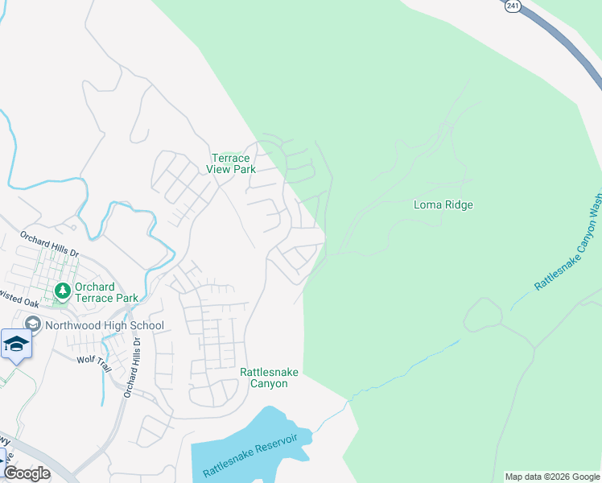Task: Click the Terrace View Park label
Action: pos(233,164)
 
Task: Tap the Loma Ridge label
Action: pos(443,204)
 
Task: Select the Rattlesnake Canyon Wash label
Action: pos(568,242)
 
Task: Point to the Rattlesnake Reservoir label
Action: pos(250,455)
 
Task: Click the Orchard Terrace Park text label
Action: pos(105,292)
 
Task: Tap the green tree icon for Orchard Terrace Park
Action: pos(61,290)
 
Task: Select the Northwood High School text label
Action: pos(105,326)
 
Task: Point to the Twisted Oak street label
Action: pos(19,303)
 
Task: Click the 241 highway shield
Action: pos(513,6)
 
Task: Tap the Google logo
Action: pos(27,473)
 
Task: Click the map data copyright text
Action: pos(551,477)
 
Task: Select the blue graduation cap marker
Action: pos(16,345)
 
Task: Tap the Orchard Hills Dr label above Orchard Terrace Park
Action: pos(50,245)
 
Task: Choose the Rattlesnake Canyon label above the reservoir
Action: pos(263,378)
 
